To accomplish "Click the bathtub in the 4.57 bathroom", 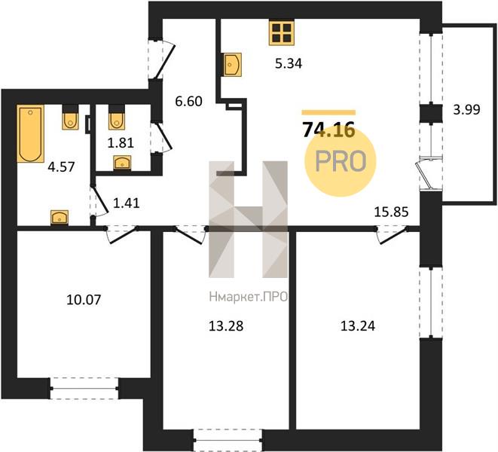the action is (x=30, y=133).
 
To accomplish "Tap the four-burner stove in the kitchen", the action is (x=281, y=32).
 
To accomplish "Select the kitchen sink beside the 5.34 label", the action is (x=232, y=65).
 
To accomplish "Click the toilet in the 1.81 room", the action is (x=117, y=118).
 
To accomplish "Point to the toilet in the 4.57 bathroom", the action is (x=70, y=118).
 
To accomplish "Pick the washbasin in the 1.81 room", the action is (x=122, y=162).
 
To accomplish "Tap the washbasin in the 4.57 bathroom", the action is (x=60, y=218).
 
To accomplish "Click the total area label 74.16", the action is (x=328, y=130).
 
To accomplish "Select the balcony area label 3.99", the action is (x=466, y=110).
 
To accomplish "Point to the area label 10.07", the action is (x=84, y=300).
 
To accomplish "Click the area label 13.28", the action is (x=226, y=326).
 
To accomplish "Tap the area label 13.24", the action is (x=358, y=326).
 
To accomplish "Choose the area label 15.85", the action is (x=391, y=212).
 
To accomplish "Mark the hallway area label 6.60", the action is (x=188, y=102).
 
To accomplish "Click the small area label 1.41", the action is (x=127, y=203).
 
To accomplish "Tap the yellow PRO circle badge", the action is (x=340, y=161).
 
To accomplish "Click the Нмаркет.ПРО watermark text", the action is (x=249, y=297).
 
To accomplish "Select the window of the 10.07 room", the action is (x=84, y=388).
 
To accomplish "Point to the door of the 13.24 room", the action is (x=393, y=236).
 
